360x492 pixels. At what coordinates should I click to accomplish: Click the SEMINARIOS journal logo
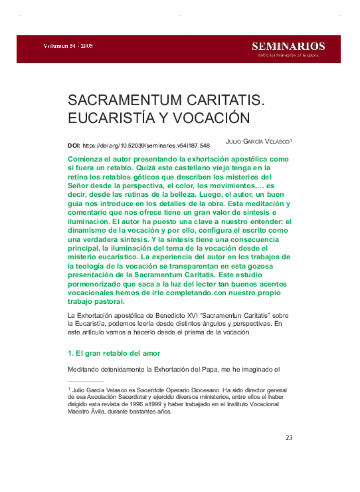tap(288, 46)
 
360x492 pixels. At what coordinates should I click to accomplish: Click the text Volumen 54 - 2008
tap(68, 46)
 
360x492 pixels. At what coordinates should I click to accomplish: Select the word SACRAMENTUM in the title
tap(125, 101)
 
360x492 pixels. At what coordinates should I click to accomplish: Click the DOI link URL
tap(146, 145)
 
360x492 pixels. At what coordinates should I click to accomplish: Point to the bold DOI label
tap(74, 145)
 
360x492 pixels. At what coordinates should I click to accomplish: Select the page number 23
tap(289, 437)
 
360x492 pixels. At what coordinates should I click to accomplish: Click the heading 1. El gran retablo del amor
tap(114, 352)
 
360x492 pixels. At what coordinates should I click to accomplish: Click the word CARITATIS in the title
tap(225, 101)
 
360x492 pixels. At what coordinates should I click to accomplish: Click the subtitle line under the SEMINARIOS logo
tap(288, 55)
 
